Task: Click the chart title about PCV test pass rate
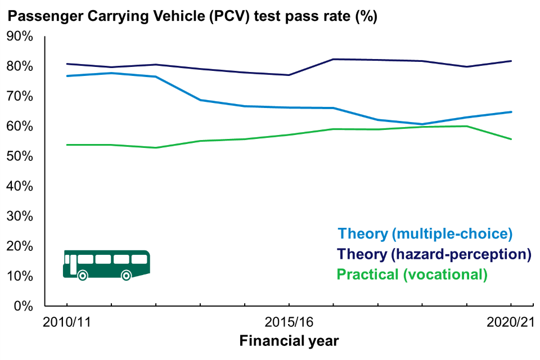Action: coord(192,16)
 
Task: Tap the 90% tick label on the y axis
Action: coord(20,37)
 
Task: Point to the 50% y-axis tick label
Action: coord(20,156)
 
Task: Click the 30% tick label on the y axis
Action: coord(20,217)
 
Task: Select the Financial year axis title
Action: coord(289,341)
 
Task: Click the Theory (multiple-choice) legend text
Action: coord(425,233)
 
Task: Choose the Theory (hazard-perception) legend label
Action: coord(435,254)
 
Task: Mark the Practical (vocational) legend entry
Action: coord(411,274)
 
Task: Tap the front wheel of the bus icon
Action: coord(127,275)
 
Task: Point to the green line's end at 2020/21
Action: coord(511,139)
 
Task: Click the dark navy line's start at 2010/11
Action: coord(66,64)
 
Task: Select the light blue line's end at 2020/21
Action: coord(511,112)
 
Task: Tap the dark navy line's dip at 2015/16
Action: coord(289,75)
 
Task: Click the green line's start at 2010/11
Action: coord(66,145)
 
